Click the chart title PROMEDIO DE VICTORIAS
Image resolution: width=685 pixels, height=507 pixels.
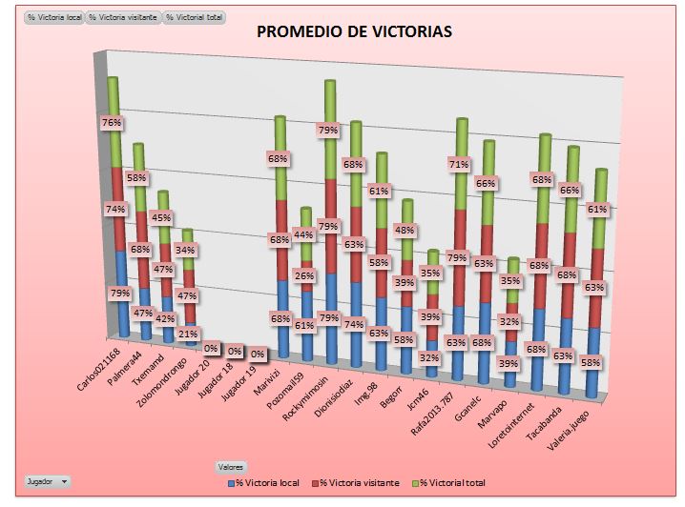coord(355,31)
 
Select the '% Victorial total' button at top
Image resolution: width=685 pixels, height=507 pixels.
coord(195,17)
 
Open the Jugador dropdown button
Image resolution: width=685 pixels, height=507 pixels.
coord(49,482)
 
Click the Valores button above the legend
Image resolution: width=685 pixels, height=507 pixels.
coord(230,467)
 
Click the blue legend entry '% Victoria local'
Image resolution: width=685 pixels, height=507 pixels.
coord(268,483)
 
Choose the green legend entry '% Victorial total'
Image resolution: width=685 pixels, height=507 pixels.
coord(449,483)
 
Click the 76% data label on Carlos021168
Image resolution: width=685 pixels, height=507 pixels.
coord(112,123)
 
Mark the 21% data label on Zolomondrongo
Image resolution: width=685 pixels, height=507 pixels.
coord(188,334)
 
